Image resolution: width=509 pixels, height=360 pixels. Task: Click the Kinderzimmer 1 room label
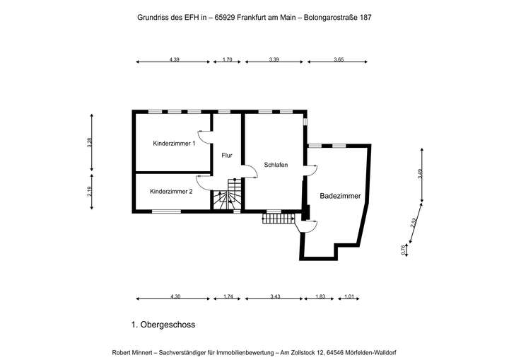174,144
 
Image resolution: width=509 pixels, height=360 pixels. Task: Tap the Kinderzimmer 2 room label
171,191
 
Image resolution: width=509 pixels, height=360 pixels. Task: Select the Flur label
226,155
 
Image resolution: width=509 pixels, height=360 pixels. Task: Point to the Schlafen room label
275,164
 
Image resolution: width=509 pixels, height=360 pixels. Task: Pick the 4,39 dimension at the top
175,60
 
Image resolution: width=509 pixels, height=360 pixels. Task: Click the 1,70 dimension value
228,60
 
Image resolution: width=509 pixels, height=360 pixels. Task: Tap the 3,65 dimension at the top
339,60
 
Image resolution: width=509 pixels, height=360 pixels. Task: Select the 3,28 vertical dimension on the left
89,141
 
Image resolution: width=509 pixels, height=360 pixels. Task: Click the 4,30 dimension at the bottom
174,296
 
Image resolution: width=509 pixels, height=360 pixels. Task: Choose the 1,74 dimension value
228,296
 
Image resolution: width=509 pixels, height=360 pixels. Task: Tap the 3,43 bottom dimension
275,296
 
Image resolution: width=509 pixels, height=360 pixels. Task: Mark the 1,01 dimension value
350,296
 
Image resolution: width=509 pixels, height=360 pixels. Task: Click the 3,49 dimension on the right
420,175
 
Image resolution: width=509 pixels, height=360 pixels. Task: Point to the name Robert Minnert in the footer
134,352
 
